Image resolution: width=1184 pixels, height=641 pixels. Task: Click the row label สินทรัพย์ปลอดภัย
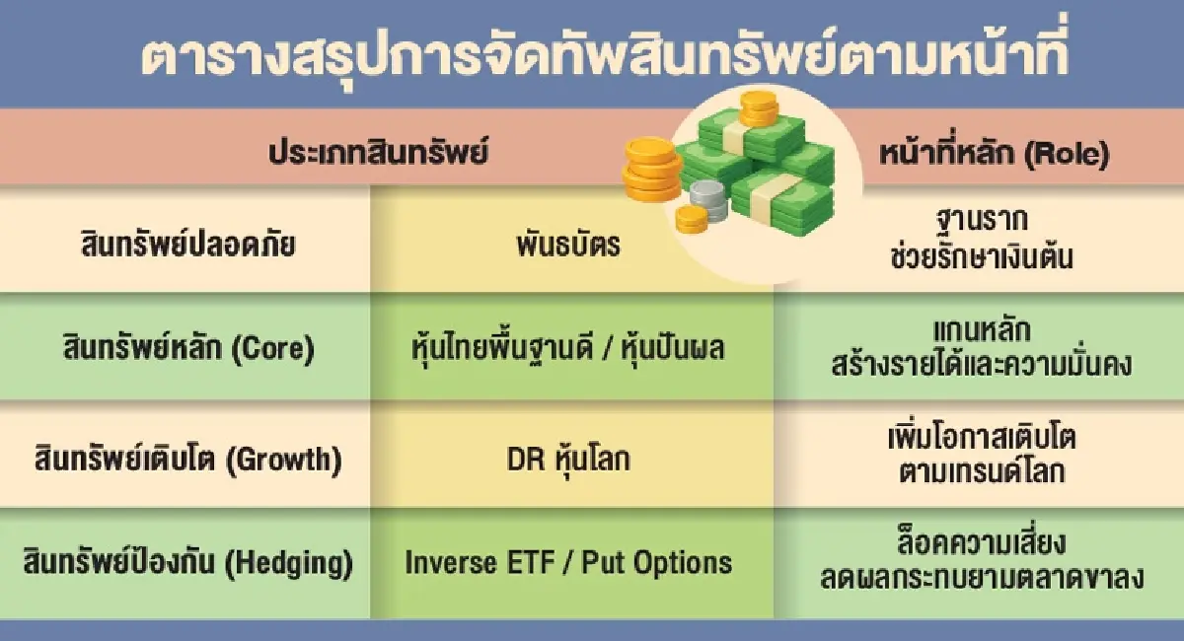(x=187, y=245)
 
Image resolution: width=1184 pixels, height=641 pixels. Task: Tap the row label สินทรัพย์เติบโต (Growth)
(x=186, y=458)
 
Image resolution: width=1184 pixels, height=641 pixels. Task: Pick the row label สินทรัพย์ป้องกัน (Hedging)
(x=187, y=563)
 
